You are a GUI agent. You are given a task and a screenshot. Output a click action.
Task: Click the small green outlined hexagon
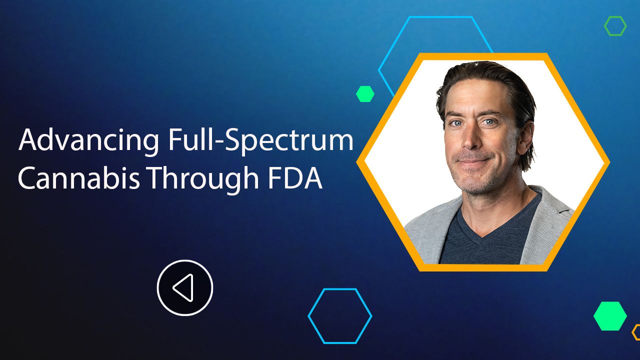(x=615, y=26)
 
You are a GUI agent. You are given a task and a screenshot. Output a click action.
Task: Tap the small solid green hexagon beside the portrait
(x=365, y=94)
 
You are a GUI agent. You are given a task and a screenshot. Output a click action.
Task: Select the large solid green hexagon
(x=610, y=316)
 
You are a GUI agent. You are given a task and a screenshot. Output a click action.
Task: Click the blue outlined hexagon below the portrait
(x=340, y=316)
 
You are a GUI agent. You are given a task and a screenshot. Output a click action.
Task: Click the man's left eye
(x=487, y=121)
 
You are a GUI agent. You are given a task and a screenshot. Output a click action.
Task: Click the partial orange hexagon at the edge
(x=636, y=332)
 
